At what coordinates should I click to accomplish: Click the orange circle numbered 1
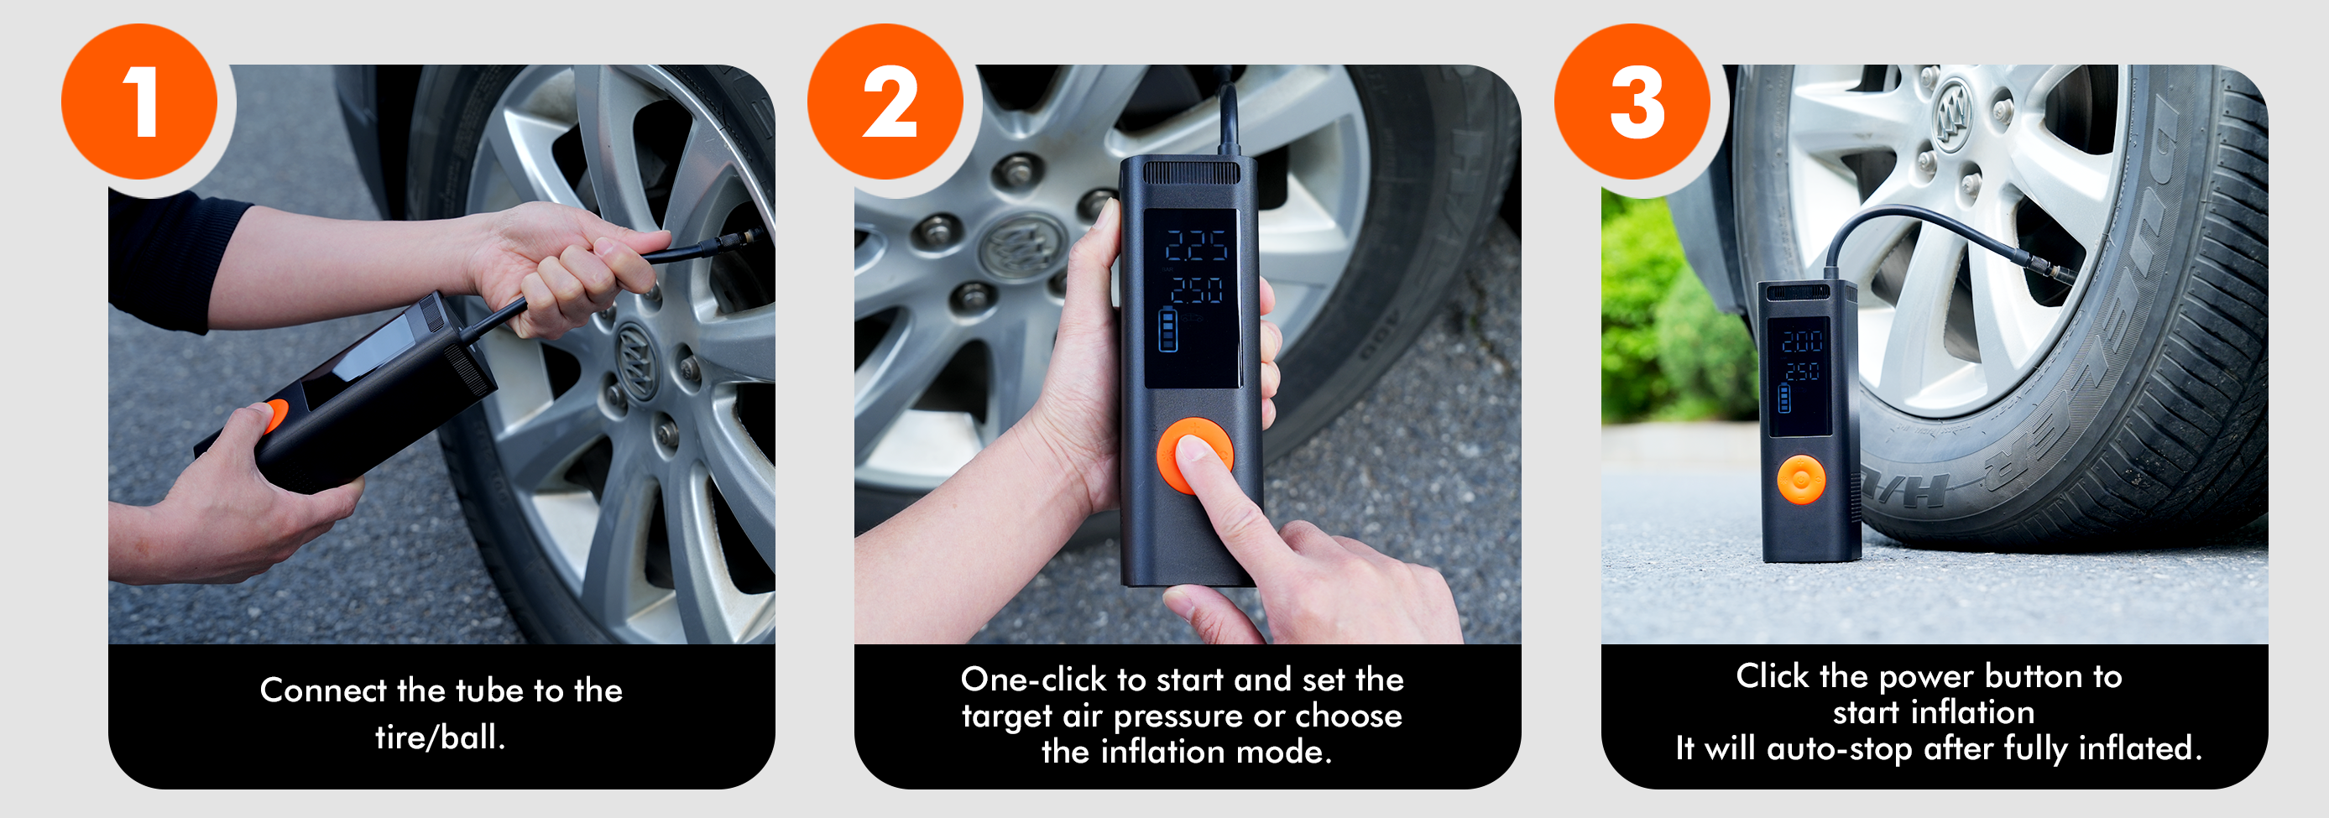[139, 102]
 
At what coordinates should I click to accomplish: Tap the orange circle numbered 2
[885, 102]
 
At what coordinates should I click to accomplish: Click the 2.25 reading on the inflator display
[1195, 245]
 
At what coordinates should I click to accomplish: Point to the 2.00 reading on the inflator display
[1801, 341]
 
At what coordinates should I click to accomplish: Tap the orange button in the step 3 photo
[1801, 480]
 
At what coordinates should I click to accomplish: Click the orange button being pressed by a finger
[1194, 455]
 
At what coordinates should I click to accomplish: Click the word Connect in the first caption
[324, 690]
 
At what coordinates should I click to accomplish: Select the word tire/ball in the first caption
[441, 737]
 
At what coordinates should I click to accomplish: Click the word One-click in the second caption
[1033, 679]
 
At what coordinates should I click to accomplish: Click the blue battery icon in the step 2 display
[1168, 329]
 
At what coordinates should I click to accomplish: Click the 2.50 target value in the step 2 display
[1197, 290]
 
